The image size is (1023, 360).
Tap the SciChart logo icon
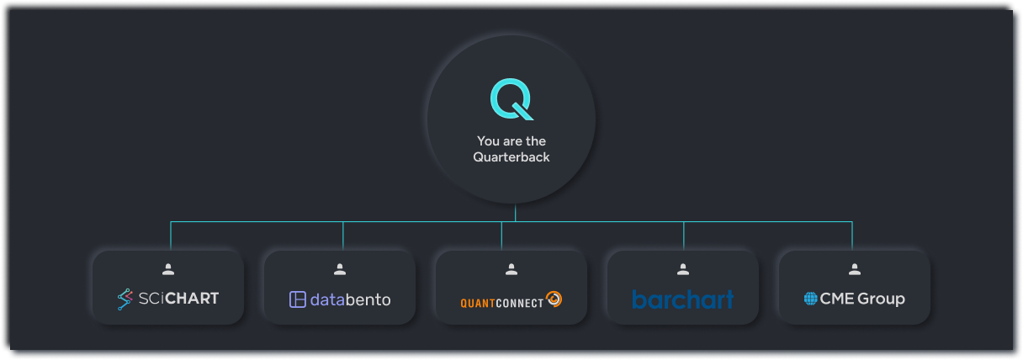click(x=125, y=299)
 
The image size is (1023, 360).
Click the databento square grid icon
click(x=297, y=299)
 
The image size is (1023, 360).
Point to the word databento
click(x=350, y=299)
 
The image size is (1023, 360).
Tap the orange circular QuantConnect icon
click(x=554, y=299)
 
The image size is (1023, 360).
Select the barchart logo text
click(x=682, y=299)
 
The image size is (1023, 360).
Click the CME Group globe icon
click(x=810, y=299)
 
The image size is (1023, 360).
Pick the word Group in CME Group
click(x=881, y=299)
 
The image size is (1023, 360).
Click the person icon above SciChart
click(x=168, y=270)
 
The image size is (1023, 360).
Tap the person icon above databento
click(x=340, y=270)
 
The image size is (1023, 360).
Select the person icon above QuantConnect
click(x=511, y=270)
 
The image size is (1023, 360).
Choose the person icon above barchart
click(x=683, y=270)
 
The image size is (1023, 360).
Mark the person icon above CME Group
click(x=855, y=270)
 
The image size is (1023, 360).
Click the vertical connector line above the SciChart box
click(x=171, y=236)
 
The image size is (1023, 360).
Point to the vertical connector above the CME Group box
click(x=852, y=236)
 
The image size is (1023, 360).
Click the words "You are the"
click(x=511, y=141)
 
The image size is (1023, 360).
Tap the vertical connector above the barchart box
click(x=683, y=236)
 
